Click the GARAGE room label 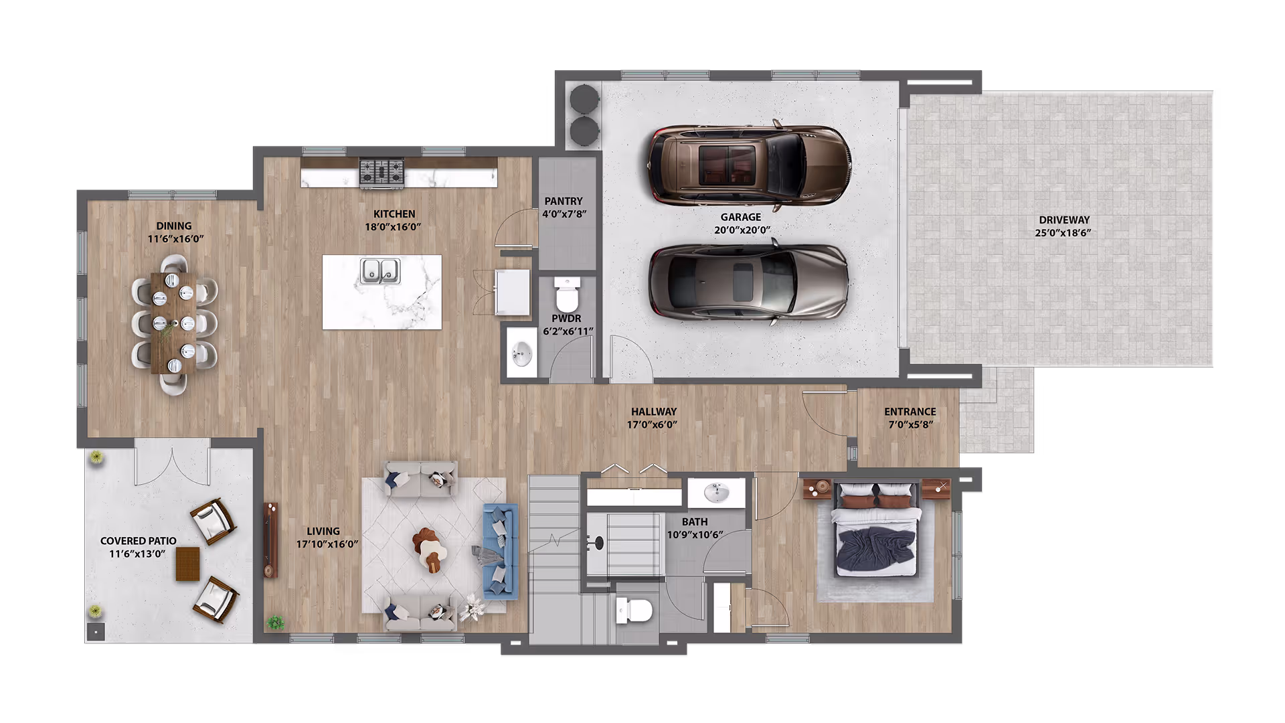click(740, 217)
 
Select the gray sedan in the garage click(748, 282)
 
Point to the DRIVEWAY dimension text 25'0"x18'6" click(1063, 233)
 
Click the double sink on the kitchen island click(380, 270)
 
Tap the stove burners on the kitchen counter click(382, 171)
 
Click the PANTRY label click(563, 201)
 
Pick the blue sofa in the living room click(501, 551)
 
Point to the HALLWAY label click(653, 412)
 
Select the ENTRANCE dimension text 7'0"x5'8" click(910, 424)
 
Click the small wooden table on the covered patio click(187, 563)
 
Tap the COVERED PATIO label click(138, 541)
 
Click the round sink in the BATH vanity click(717, 494)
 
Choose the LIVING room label click(323, 531)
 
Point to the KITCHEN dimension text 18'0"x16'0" click(393, 227)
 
